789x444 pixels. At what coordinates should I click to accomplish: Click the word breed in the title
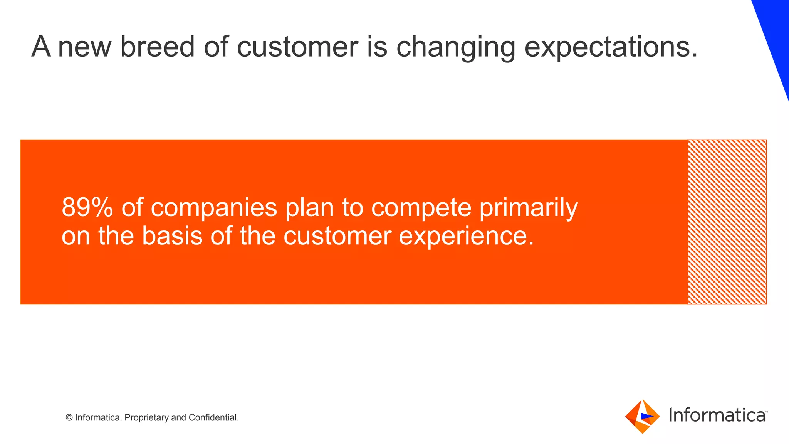(x=157, y=47)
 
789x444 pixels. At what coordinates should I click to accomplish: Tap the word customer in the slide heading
(x=297, y=47)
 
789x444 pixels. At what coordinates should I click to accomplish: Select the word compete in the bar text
(x=421, y=208)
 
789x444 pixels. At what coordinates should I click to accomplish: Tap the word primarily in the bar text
(x=529, y=208)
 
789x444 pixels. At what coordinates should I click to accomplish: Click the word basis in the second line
(x=172, y=236)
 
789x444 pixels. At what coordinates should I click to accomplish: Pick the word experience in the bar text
(x=466, y=237)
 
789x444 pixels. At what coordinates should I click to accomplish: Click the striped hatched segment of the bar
(x=727, y=222)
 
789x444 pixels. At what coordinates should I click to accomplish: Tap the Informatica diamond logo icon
(x=642, y=416)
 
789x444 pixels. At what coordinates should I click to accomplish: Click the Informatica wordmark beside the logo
(x=717, y=415)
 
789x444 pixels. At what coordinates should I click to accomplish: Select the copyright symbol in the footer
(x=69, y=418)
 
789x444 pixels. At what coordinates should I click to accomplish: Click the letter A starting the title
(x=41, y=47)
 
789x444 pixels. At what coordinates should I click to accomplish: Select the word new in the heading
(x=84, y=47)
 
